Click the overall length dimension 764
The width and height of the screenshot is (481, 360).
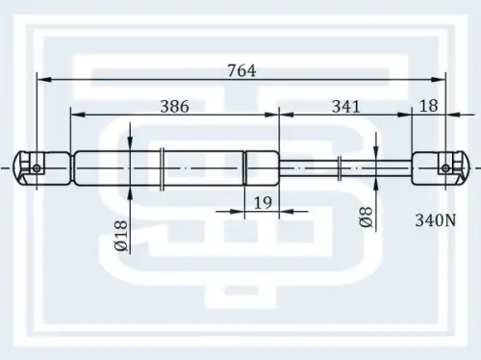241,70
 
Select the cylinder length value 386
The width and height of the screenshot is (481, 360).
174,106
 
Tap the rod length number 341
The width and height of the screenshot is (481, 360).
346,106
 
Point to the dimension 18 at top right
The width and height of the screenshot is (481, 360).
428,106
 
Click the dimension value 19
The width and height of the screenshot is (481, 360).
263,202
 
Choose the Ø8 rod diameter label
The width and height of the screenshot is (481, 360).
367,217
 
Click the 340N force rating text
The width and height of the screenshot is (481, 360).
436,220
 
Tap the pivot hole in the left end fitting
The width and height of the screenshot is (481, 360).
37,168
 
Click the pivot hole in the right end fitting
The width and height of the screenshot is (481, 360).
445,167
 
